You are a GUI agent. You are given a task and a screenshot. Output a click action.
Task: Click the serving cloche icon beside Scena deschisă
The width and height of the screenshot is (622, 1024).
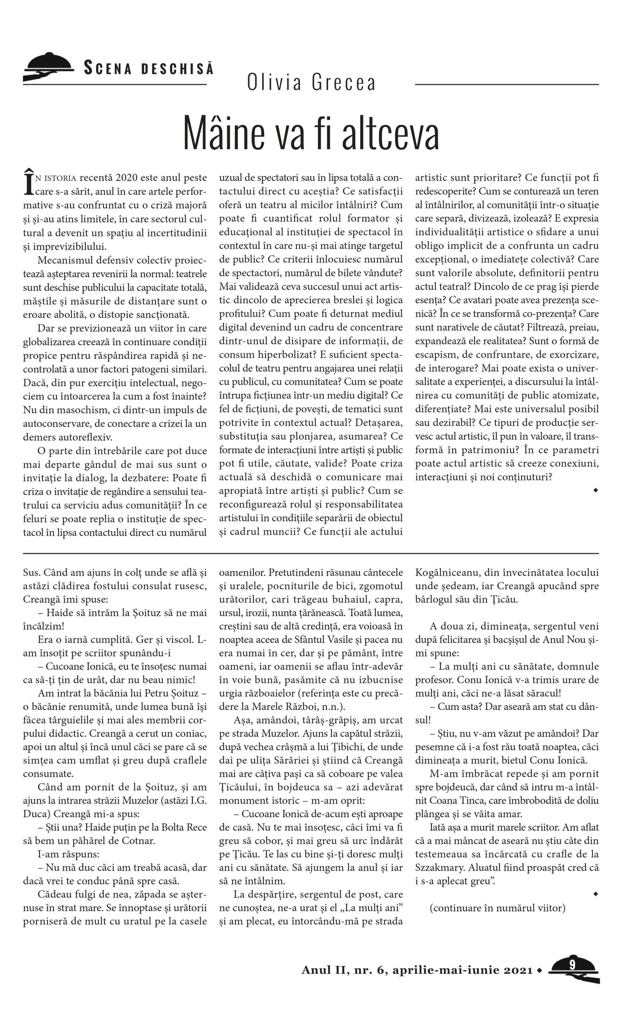(48, 67)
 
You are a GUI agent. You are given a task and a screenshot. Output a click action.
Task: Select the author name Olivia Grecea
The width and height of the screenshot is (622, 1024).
(311, 82)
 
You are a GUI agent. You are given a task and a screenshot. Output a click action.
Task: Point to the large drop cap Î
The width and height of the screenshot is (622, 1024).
(28, 183)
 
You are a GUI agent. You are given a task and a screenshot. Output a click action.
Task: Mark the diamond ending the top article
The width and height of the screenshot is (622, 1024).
(596, 490)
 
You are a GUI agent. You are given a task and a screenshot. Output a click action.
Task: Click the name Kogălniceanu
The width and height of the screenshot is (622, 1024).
(444, 573)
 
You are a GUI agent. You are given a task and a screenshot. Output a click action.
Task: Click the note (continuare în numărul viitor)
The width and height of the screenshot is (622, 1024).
(497, 908)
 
